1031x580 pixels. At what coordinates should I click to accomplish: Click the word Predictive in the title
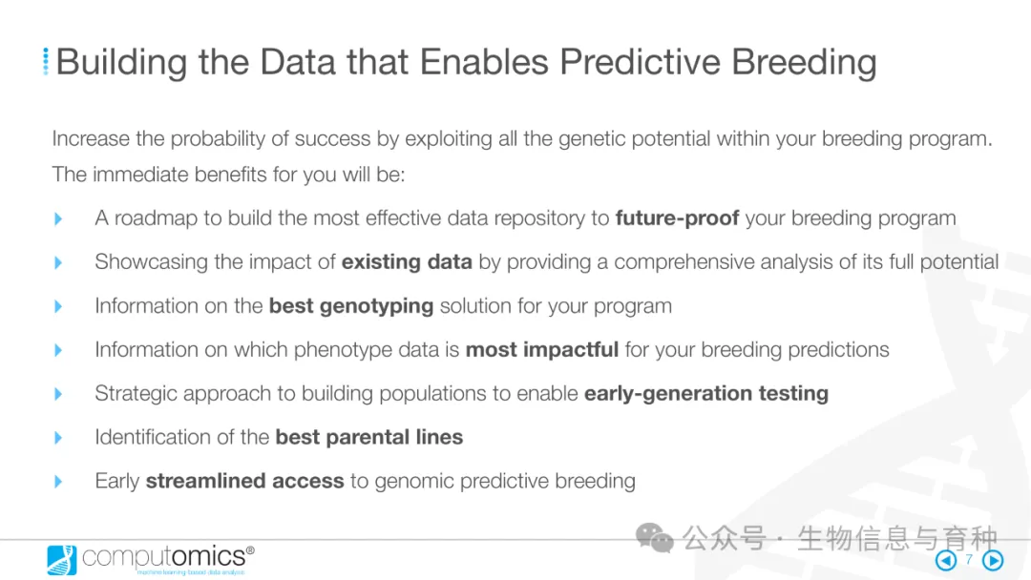pyautogui.click(x=640, y=62)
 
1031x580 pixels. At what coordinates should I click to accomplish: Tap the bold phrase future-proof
pyautogui.click(x=677, y=218)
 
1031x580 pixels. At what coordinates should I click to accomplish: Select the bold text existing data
pyautogui.click(x=407, y=262)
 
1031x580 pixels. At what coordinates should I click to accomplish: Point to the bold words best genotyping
pyautogui.click(x=351, y=306)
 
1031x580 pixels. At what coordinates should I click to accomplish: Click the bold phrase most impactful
pyautogui.click(x=542, y=349)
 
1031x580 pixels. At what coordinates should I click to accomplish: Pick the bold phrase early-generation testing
pyautogui.click(x=706, y=393)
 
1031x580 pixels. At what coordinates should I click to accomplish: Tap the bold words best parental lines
pyautogui.click(x=368, y=437)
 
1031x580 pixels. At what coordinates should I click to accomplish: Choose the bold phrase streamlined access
pyautogui.click(x=244, y=481)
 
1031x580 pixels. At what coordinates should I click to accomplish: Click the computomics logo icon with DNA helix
pyautogui.click(x=62, y=560)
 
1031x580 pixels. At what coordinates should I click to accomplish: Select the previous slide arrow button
pyautogui.click(x=946, y=560)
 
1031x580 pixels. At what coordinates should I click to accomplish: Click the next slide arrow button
pyautogui.click(x=993, y=560)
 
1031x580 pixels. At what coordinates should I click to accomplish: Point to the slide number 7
pyautogui.click(x=969, y=560)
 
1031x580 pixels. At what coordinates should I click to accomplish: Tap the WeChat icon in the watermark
pyautogui.click(x=654, y=538)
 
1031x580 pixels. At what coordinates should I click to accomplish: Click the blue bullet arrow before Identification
pyautogui.click(x=58, y=438)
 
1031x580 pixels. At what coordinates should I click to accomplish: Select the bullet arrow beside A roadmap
pyautogui.click(x=58, y=218)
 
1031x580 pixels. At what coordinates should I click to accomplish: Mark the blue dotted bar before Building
pyautogui.click(x=46, y=61)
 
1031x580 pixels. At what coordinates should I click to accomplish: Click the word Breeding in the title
pyautogui.click(x=804, y=63)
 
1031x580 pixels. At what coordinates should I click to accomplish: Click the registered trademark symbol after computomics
pyautogui.click(x=250, y=549)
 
